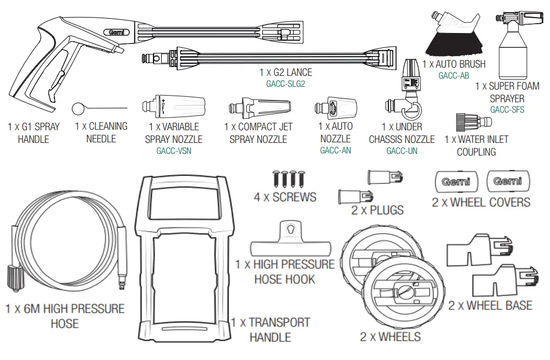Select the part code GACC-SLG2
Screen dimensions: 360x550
pos(285,84)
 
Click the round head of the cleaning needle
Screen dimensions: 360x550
pos(78,107)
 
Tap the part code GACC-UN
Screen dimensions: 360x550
pos(402,151)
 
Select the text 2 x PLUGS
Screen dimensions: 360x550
pos(377,210)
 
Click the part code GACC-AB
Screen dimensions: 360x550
pos(454,75)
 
